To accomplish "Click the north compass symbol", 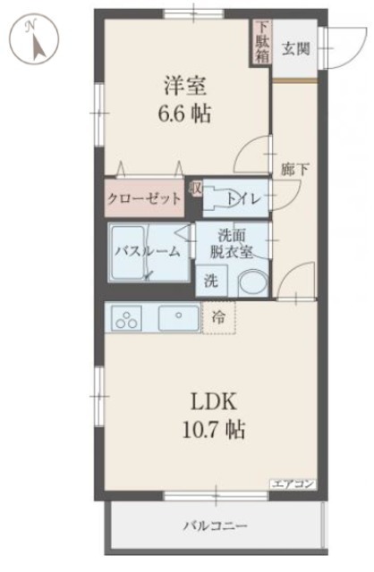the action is pos(34,39).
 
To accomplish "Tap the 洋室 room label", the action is pos(185,86).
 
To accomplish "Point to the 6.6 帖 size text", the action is pos(184,113).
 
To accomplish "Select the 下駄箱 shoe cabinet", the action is pos(262,42).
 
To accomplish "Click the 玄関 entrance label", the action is pos(296,49).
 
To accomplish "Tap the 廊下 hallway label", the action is pos(295,170).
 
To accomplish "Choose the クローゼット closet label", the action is pos(144,198).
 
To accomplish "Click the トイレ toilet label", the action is pos(243,198).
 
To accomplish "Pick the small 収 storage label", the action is pos(195,189).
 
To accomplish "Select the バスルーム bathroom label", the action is pos(148,251).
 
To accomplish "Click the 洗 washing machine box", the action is pos(211,280).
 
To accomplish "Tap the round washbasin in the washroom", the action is pos(252,282).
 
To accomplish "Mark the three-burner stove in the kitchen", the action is pos(126,318).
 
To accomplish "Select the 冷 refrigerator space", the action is pos(219,317).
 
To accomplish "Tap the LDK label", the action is pos(215,401).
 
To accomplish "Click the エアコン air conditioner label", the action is pos(293,484).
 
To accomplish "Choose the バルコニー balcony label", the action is pos(215,526).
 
